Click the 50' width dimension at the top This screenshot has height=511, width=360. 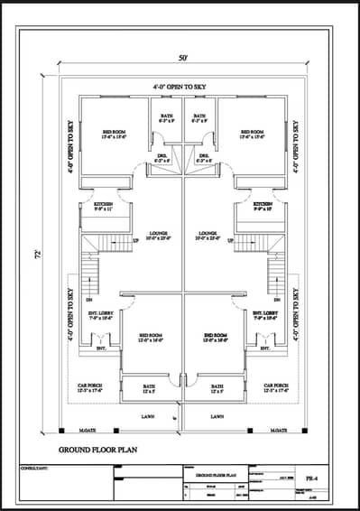tap(183, 58)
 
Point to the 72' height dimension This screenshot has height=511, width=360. tap(35, 254)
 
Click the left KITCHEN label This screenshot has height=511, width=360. tap(104, 206)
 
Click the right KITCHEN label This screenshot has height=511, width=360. tap(263, 206)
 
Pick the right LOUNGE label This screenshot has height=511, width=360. tap(208, 235)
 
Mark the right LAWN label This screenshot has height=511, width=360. tap(217, 416)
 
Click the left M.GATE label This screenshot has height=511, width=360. tap(88, 431)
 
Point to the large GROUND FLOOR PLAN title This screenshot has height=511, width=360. tap(98, 448)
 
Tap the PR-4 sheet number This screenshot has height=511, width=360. tap(309, 471)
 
